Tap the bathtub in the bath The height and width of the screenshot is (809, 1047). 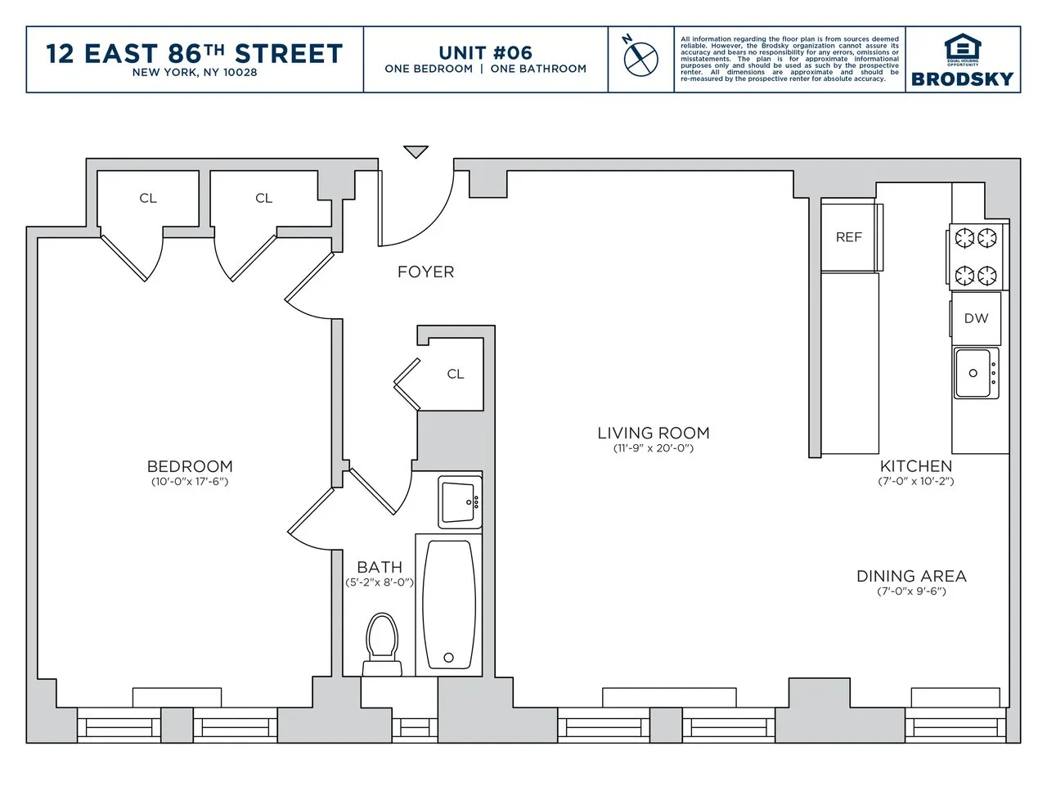[447, 604]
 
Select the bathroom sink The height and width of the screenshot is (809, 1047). [459, 501]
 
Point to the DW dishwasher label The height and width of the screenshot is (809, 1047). [975, 318]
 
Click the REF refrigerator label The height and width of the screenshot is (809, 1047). [848, 237]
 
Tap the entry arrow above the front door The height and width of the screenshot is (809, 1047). [416, 152]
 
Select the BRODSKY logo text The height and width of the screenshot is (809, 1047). [962, 79]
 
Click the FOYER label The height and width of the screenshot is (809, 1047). [425, 272]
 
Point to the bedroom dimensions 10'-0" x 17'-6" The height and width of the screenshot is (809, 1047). [189, 482]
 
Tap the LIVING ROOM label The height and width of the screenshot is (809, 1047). [653, 433]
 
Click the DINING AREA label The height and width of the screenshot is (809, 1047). [911, 576]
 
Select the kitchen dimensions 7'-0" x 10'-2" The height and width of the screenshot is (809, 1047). [915, 481]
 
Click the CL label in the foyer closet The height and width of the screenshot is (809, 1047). [456, 374]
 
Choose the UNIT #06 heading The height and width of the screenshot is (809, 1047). [485, 53]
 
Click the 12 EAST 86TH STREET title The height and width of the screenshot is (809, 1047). [195, 53]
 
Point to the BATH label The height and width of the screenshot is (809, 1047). [380, 567]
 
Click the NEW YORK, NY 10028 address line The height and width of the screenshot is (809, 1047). [195, 72]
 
